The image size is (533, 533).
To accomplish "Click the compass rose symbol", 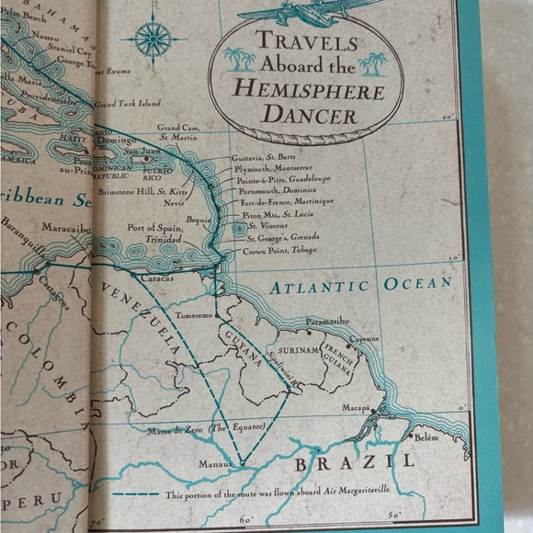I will (153, 39).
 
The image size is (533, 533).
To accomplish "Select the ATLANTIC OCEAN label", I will (361, 286).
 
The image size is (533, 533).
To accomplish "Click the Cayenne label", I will (364, 338).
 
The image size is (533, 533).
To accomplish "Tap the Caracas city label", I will (153, 276).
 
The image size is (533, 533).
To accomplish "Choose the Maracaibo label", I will (67, 226).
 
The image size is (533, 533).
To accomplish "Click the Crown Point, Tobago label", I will (280, 251).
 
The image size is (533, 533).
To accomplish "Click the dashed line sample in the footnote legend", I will (138, 495).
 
